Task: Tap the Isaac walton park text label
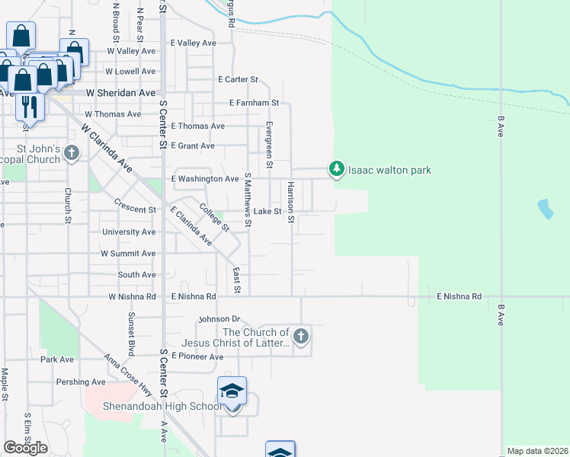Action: pos(389,170)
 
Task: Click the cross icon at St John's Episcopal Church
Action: pos(72,153)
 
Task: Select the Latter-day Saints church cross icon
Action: pos(301,336)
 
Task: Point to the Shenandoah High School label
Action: pos(163,406)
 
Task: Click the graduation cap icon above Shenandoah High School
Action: pos(232,392)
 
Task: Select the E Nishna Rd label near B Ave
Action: pos(459,296)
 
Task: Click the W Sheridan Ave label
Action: pos(121,92)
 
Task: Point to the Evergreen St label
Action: pos(269,145)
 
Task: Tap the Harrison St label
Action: pos(290,203)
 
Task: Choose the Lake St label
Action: pos(268,211)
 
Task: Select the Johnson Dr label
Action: pos(219,319)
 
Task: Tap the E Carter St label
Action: pos(238,79)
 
